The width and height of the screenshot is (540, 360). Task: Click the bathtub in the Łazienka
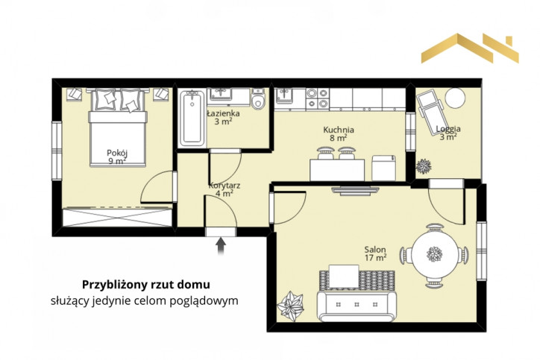[192, 119]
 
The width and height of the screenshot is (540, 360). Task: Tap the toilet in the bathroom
[258, 99]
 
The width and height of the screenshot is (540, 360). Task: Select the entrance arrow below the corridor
[221, 246]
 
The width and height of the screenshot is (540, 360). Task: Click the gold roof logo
[470, 48]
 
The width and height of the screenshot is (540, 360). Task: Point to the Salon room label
[375, 253]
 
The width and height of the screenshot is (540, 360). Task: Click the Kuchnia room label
[339, 134]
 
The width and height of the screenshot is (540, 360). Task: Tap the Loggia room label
[448, 133]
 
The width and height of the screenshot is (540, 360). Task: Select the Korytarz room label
[225, 189]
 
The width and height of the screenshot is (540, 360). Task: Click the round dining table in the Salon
[435, 255]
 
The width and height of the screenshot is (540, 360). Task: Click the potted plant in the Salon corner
[291, 306]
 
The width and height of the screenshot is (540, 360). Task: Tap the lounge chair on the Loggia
[430, 113]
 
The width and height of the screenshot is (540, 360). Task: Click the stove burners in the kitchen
[318, 98]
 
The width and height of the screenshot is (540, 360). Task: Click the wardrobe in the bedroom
[117, 217]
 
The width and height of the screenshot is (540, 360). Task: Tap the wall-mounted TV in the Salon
[355, 191]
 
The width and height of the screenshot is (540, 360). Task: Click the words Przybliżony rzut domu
[146, 285]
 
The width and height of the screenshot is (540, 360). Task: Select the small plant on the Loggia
[424, 166]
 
